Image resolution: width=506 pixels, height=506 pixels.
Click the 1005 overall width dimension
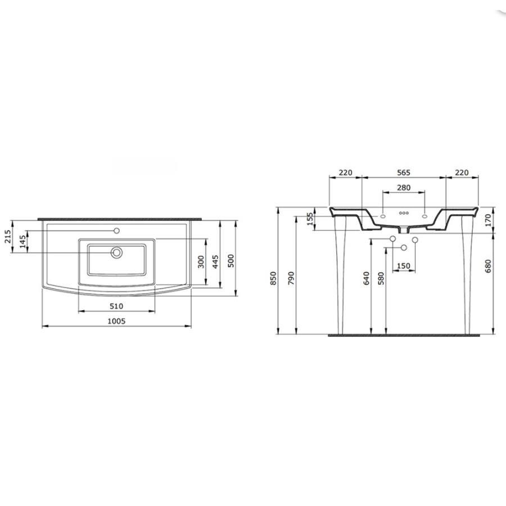116,321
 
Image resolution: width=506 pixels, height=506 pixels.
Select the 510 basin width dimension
116,306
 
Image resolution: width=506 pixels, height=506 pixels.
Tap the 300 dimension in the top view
201,261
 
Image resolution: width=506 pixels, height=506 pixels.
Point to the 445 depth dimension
215,261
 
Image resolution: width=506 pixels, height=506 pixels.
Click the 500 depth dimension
231,261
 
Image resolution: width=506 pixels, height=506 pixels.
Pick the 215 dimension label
8,236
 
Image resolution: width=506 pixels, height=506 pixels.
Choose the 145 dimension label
22,241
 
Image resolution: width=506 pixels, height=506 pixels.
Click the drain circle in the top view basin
116,252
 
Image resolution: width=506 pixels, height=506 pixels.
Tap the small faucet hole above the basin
117,231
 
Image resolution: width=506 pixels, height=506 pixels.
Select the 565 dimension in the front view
403,173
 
